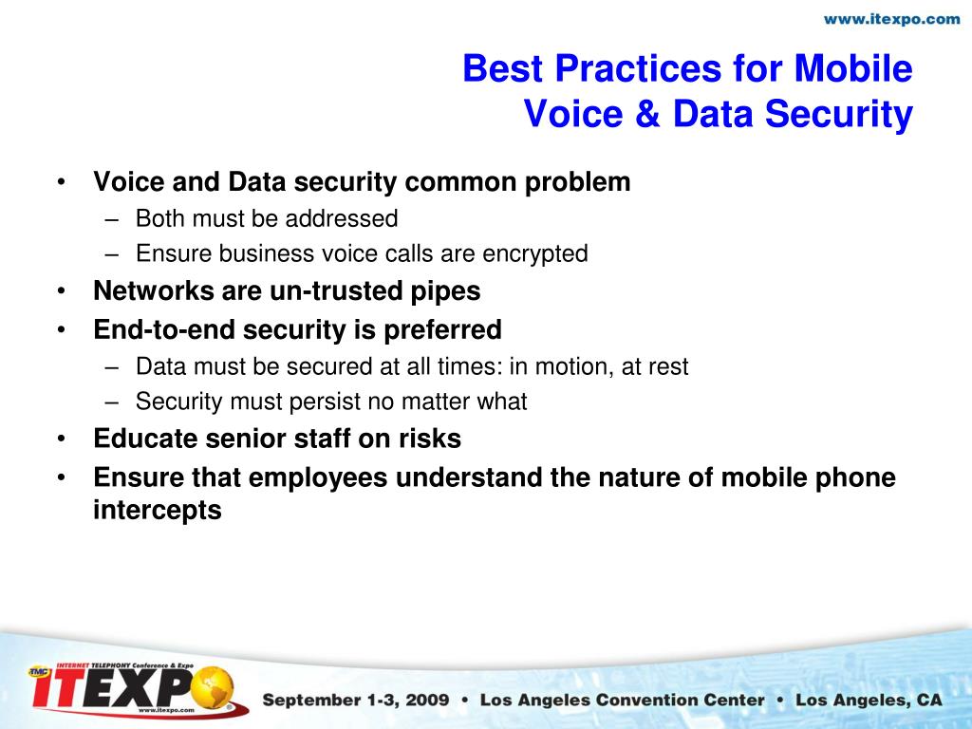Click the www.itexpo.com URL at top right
[x=891, y=19]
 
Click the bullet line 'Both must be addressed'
[x=266, y=219]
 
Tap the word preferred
[x=442, y=329]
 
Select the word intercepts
[x=157, y=511]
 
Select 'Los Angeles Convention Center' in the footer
[x=622, y=701]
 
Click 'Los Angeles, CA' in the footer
[x=869, y=701]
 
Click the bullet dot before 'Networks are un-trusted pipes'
[x=62, y=291]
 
